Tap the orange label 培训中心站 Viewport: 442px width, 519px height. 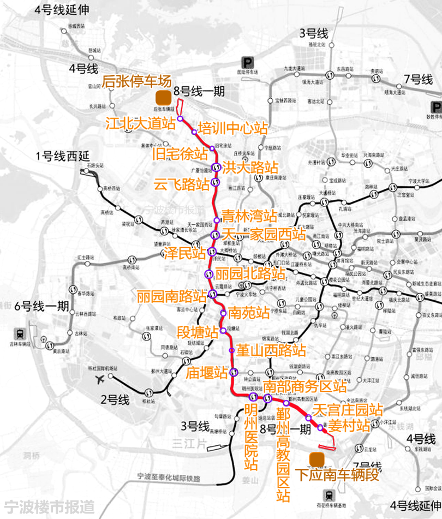(x=233, y=128)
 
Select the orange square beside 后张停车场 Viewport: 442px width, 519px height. (x=162, y=99)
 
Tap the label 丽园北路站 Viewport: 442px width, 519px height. (x=250, y=273)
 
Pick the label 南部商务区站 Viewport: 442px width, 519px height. (x=304, y=386)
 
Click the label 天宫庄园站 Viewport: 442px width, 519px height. (x=348, y=409)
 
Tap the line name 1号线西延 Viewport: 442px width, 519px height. (x=62, y=156)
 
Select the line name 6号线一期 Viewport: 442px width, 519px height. (x=42, y=306)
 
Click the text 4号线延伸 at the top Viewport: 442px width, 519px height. (x=61, y=10)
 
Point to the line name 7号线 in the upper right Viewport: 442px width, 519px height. (x=419, y=80)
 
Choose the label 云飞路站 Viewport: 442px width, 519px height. (x=182, y=183)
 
